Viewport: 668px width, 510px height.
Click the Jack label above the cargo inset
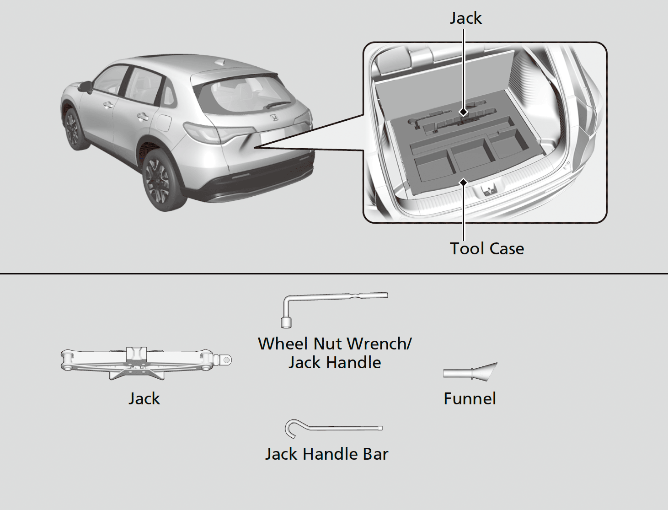tap(465, 18)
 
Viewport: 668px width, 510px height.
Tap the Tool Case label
tap(487, 248)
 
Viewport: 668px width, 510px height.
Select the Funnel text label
tap(470, 398)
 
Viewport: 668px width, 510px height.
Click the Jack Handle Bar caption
tap(326, 454)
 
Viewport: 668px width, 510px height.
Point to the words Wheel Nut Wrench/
tap(335, 344)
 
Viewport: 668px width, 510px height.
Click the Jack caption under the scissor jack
tap(144, 398)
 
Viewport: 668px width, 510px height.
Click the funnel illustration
tap(471, 371)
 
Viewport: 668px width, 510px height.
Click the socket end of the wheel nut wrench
tap(286, 322)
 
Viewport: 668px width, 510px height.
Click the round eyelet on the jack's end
tap(226, 360)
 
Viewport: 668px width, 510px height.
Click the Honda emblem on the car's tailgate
tap(273, 118)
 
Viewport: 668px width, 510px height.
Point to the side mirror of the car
tap(85, 86)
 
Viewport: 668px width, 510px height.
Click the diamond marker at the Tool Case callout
tap(464, 182)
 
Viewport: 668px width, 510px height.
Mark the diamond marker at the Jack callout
tap(464, 112)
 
